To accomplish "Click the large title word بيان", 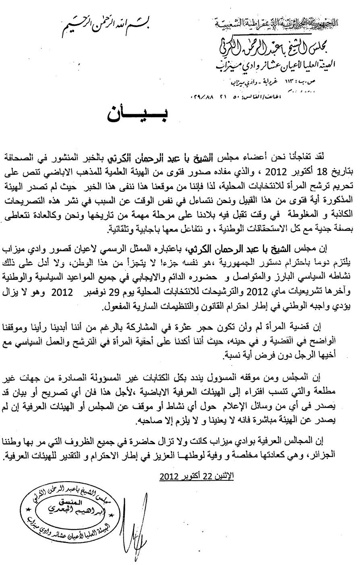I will click(x=137, y=116).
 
